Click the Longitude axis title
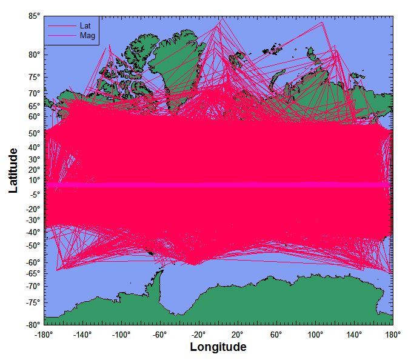218,347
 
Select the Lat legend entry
85,26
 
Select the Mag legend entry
87,36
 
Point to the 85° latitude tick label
34,16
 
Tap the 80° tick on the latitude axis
34,55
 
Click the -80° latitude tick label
33,325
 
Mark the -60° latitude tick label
33,262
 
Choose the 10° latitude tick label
34,180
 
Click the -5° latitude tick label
34,194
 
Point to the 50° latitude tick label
34,133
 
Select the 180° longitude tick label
392,334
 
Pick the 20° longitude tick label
238,334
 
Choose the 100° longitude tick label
315,334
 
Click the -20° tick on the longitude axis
199,334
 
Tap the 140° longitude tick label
354,334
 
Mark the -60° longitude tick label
160,334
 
